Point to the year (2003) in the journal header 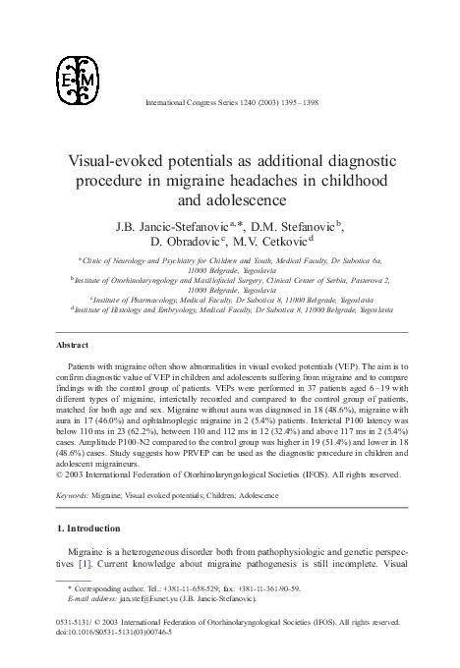pos(247,103)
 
